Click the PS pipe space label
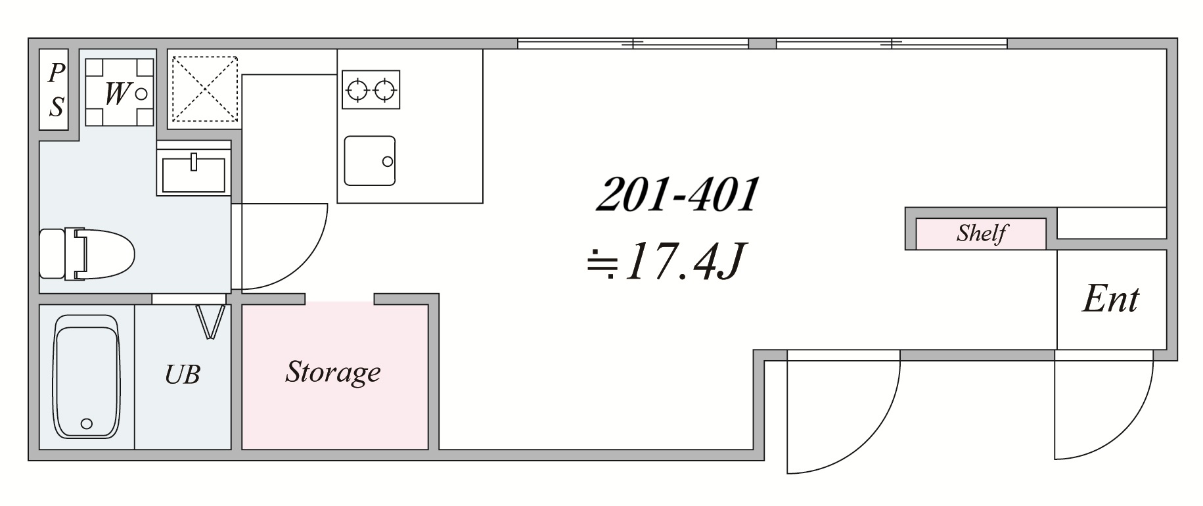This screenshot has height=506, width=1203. (57, 90)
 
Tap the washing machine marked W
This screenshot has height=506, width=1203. (119, 92)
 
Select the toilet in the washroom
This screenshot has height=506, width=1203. (87, 254)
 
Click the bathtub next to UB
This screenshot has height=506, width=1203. (86, 377)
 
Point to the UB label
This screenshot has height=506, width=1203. (182, 375)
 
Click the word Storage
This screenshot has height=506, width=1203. (333, 373)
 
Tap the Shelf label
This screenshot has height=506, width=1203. (981, 233)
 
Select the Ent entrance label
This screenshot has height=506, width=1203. (1110, 300)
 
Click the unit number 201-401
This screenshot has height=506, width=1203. (677, 195)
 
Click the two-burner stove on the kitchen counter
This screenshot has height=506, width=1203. (371, 89)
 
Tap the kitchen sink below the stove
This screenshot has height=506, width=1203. (370, 161)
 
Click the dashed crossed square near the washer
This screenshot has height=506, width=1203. (204, 89)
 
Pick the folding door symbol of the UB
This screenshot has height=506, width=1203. (212, 321)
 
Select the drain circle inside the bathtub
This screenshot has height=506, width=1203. (86, 424)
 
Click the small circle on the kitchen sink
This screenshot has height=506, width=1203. (388, 162)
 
